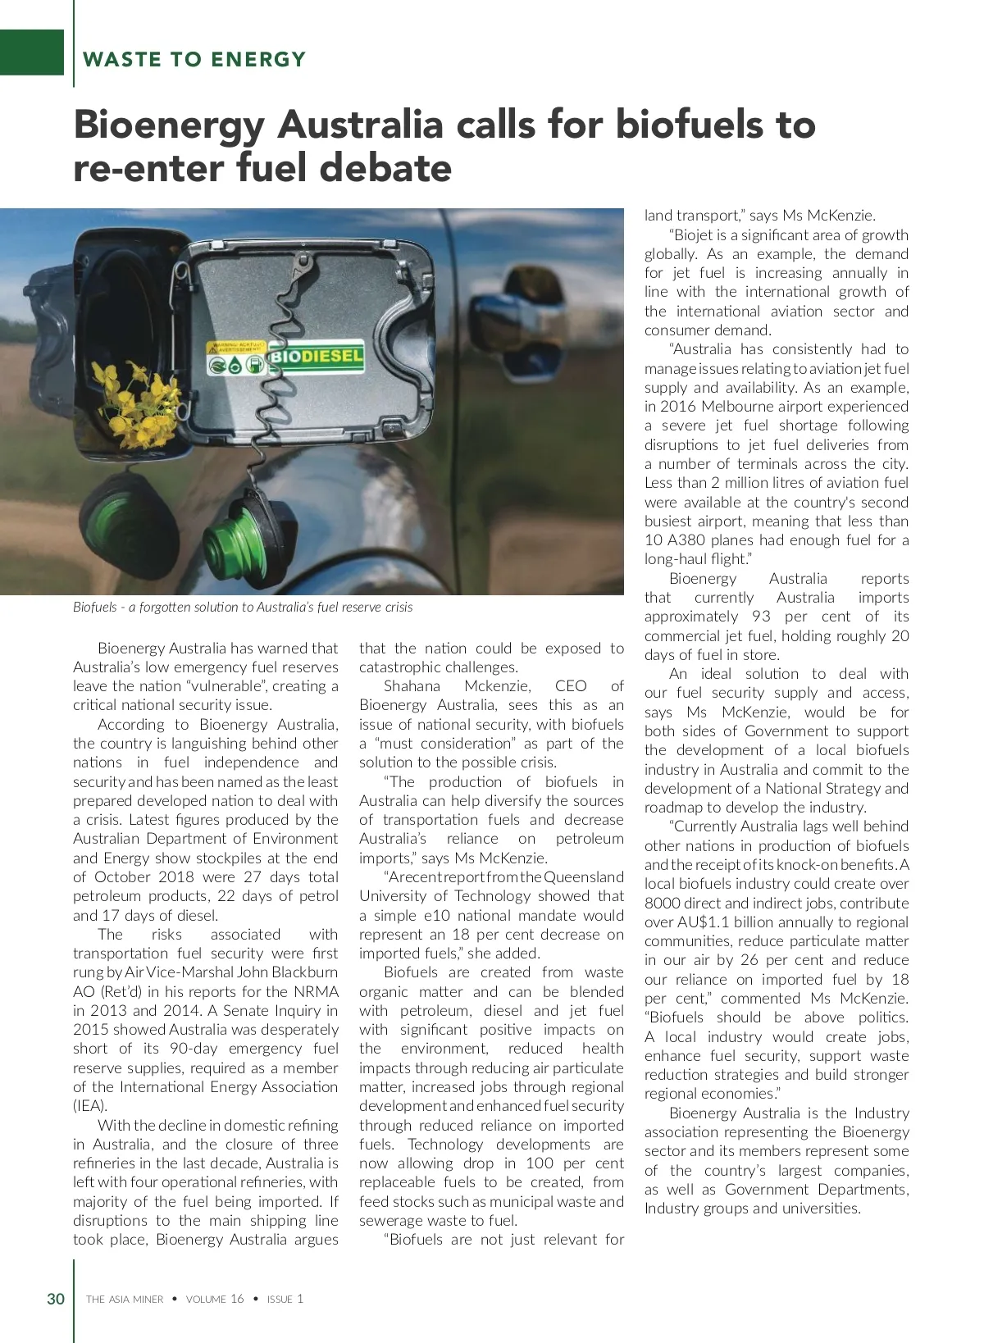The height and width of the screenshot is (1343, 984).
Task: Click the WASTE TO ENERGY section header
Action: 194,59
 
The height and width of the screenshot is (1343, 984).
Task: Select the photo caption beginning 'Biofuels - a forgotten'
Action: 243,608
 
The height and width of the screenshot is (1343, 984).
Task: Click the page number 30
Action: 56,1299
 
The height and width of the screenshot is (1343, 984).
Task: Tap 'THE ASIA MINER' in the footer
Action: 125,1300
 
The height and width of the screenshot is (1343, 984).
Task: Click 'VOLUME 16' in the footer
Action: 215,1300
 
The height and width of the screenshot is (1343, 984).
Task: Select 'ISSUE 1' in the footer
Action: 285,1300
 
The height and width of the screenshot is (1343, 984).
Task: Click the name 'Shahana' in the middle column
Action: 412,686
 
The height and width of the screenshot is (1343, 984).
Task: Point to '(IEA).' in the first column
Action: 90,1106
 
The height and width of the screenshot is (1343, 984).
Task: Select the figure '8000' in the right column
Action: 663,904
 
